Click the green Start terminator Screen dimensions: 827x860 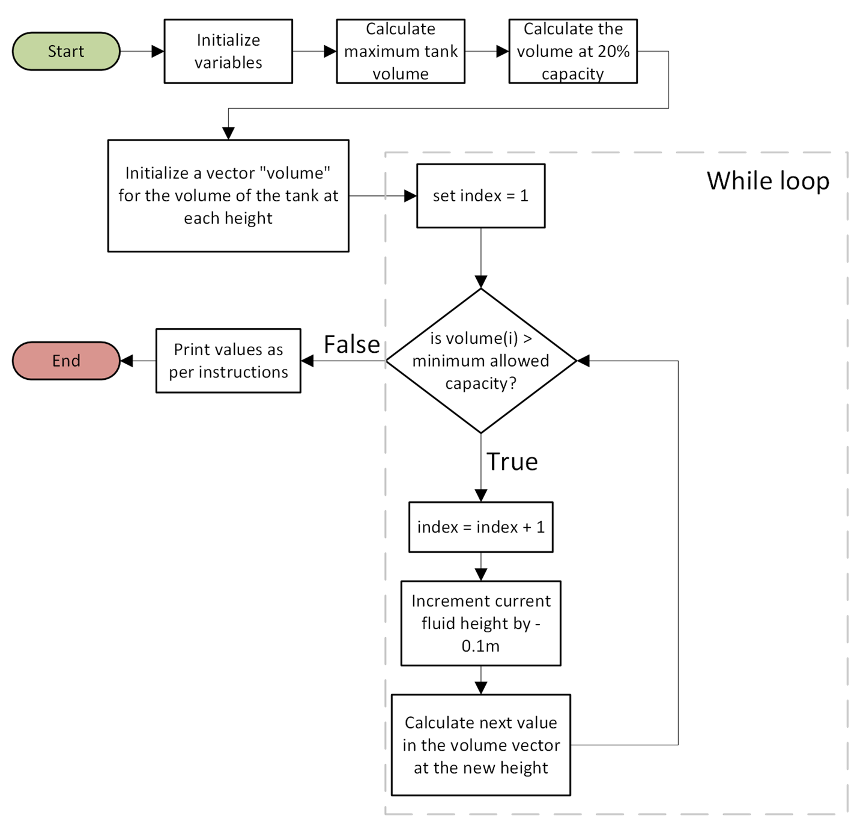pyautogui.click(x=66, y=51)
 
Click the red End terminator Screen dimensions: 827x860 pyautogui.click(x=66, y=361)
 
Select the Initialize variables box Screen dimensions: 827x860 pyautogui.click(x=228, y=51)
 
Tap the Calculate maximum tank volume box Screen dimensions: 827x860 pyautogui.click(x=401, y=51)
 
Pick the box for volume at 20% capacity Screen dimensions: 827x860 pyautogui.click(x=573, y=51)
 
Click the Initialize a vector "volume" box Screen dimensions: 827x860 pyautogui.click(x=228, y=195)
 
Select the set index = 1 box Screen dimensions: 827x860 pyautogui.click(x=480, y=195)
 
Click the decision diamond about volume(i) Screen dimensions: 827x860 pyautogui.click(x=480, y=361)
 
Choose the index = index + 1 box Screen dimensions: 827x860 pyautogui.click(x=480, y=527)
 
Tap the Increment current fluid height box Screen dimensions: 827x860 pyautogui.click(x=480, y=623)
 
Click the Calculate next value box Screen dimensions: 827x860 pyautogui.click(x=480, y=745)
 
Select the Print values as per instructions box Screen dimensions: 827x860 pyautogui.click(x=228, y=361)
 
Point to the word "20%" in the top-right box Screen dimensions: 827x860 pyautogui.click(x=613, y=52)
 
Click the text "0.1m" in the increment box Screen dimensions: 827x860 pyautogui.click(x=480, y=646)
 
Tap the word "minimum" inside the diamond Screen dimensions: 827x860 pyautogui.click(x=440, y=361)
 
